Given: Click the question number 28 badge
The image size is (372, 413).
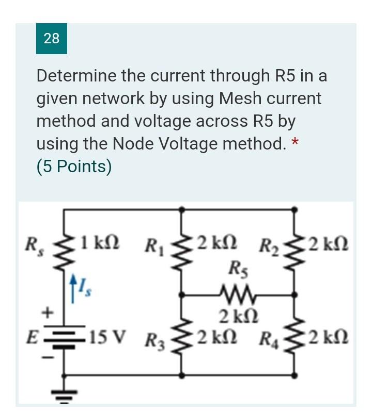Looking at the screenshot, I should coord(51,38).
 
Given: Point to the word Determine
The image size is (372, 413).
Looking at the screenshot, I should coord(76,76).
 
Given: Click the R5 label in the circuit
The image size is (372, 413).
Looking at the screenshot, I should coord(238,269).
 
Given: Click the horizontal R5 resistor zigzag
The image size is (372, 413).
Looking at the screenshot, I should coord(237,294).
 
